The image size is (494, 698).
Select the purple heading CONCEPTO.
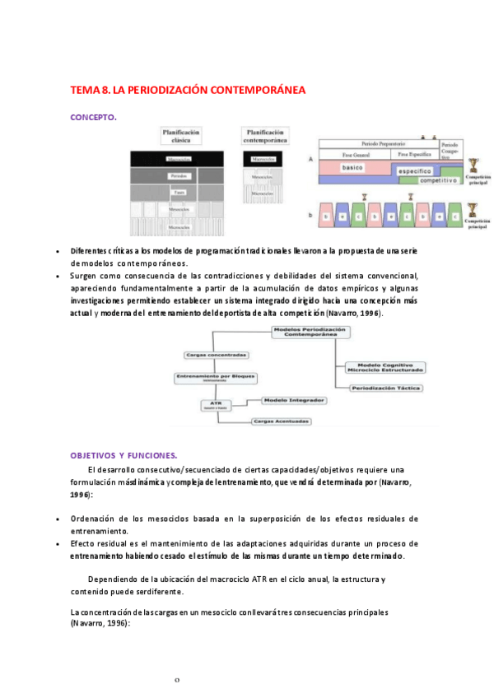(93, 117)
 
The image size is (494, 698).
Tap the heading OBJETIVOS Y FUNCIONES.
(123, 455)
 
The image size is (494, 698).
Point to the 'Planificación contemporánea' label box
(265, 136)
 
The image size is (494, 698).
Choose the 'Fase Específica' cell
(414, 154)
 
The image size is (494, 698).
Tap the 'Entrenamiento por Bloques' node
(214, 378)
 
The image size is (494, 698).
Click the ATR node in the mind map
(217, 404)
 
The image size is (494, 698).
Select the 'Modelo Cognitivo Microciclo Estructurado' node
(384, 367)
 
